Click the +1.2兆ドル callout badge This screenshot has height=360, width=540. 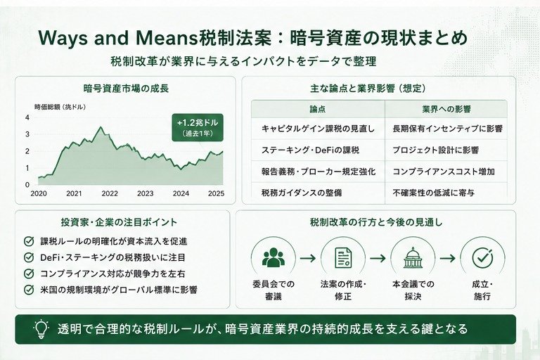click(x=198, y=127)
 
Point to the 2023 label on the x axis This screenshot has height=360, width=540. click(x=145, y=193)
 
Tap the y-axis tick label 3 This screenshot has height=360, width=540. click(x=27, y=134)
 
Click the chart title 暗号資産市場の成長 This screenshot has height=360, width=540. click(x=126, y=89)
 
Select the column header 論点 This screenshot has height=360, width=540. click(x=318, y=109)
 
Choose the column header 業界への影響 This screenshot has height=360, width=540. click(x=446, y=109)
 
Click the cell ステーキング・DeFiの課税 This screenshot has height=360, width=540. click(x=310, y=150)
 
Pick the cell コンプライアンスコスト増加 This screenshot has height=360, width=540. click(x=444, y=172)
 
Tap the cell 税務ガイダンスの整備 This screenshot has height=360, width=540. click(x=302, y=193)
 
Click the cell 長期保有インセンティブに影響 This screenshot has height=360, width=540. click(x=447, y=129)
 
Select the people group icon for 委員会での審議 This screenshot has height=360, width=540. click(x=274, y=257)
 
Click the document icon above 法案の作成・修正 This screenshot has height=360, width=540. click(x=343, y=257)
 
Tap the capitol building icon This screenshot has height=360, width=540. click(x=413, y=257)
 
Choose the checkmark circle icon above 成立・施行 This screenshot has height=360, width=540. click(x=482, y=257)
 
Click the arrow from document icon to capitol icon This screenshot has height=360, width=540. click(x=378, y=258)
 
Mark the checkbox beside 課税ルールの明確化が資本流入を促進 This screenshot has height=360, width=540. click(x=29, y=241)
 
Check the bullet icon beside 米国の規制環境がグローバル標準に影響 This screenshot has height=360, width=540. click(x=29, y=290)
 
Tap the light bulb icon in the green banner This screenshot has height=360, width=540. click(x=41, y=329)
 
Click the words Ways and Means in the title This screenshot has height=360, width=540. click(x=118, y=38)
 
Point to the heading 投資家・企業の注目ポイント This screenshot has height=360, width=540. click(x=119, y=222)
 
